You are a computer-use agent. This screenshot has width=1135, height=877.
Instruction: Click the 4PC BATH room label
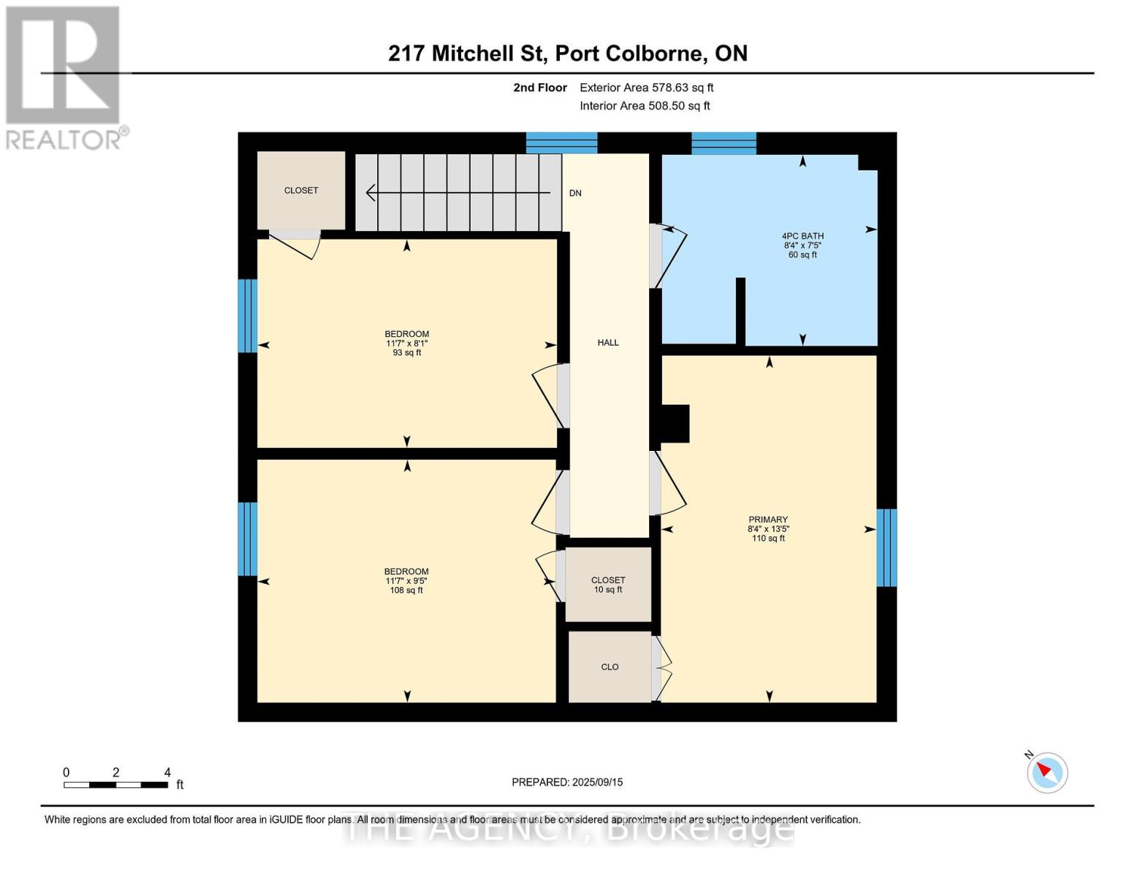point(802,245)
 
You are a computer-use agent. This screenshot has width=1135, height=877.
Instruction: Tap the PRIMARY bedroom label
point(767,528)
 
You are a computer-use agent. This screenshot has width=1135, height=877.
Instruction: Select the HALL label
point(608,342)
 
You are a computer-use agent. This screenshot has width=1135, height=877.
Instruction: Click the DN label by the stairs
point(575,193)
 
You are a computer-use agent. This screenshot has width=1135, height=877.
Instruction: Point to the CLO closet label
point(610,667)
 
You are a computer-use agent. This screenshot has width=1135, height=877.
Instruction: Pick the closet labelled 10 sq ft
point(608,585)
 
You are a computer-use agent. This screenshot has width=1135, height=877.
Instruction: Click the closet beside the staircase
point(301,190)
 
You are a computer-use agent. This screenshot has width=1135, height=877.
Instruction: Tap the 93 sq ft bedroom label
point(407,343)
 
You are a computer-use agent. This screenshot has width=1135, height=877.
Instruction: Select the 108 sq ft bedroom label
point(406,580)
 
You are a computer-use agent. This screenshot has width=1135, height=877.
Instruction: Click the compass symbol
point(1047,772)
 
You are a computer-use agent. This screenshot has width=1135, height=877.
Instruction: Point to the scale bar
point(116,784)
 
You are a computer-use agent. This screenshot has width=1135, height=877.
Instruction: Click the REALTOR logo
point(64,77)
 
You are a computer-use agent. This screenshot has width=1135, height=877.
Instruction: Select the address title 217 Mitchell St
point(567,53)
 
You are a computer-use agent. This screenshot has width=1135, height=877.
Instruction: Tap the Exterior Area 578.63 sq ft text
point(646,88)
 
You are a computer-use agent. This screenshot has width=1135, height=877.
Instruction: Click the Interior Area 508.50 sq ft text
point(645,106)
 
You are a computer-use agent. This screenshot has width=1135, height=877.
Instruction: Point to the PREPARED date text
point(567,782)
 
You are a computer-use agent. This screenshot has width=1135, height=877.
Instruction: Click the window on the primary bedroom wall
point(886,547)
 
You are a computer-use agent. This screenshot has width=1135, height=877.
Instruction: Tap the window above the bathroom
point(724,143)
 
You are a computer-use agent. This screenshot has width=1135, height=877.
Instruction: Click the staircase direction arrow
point(458,192)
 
